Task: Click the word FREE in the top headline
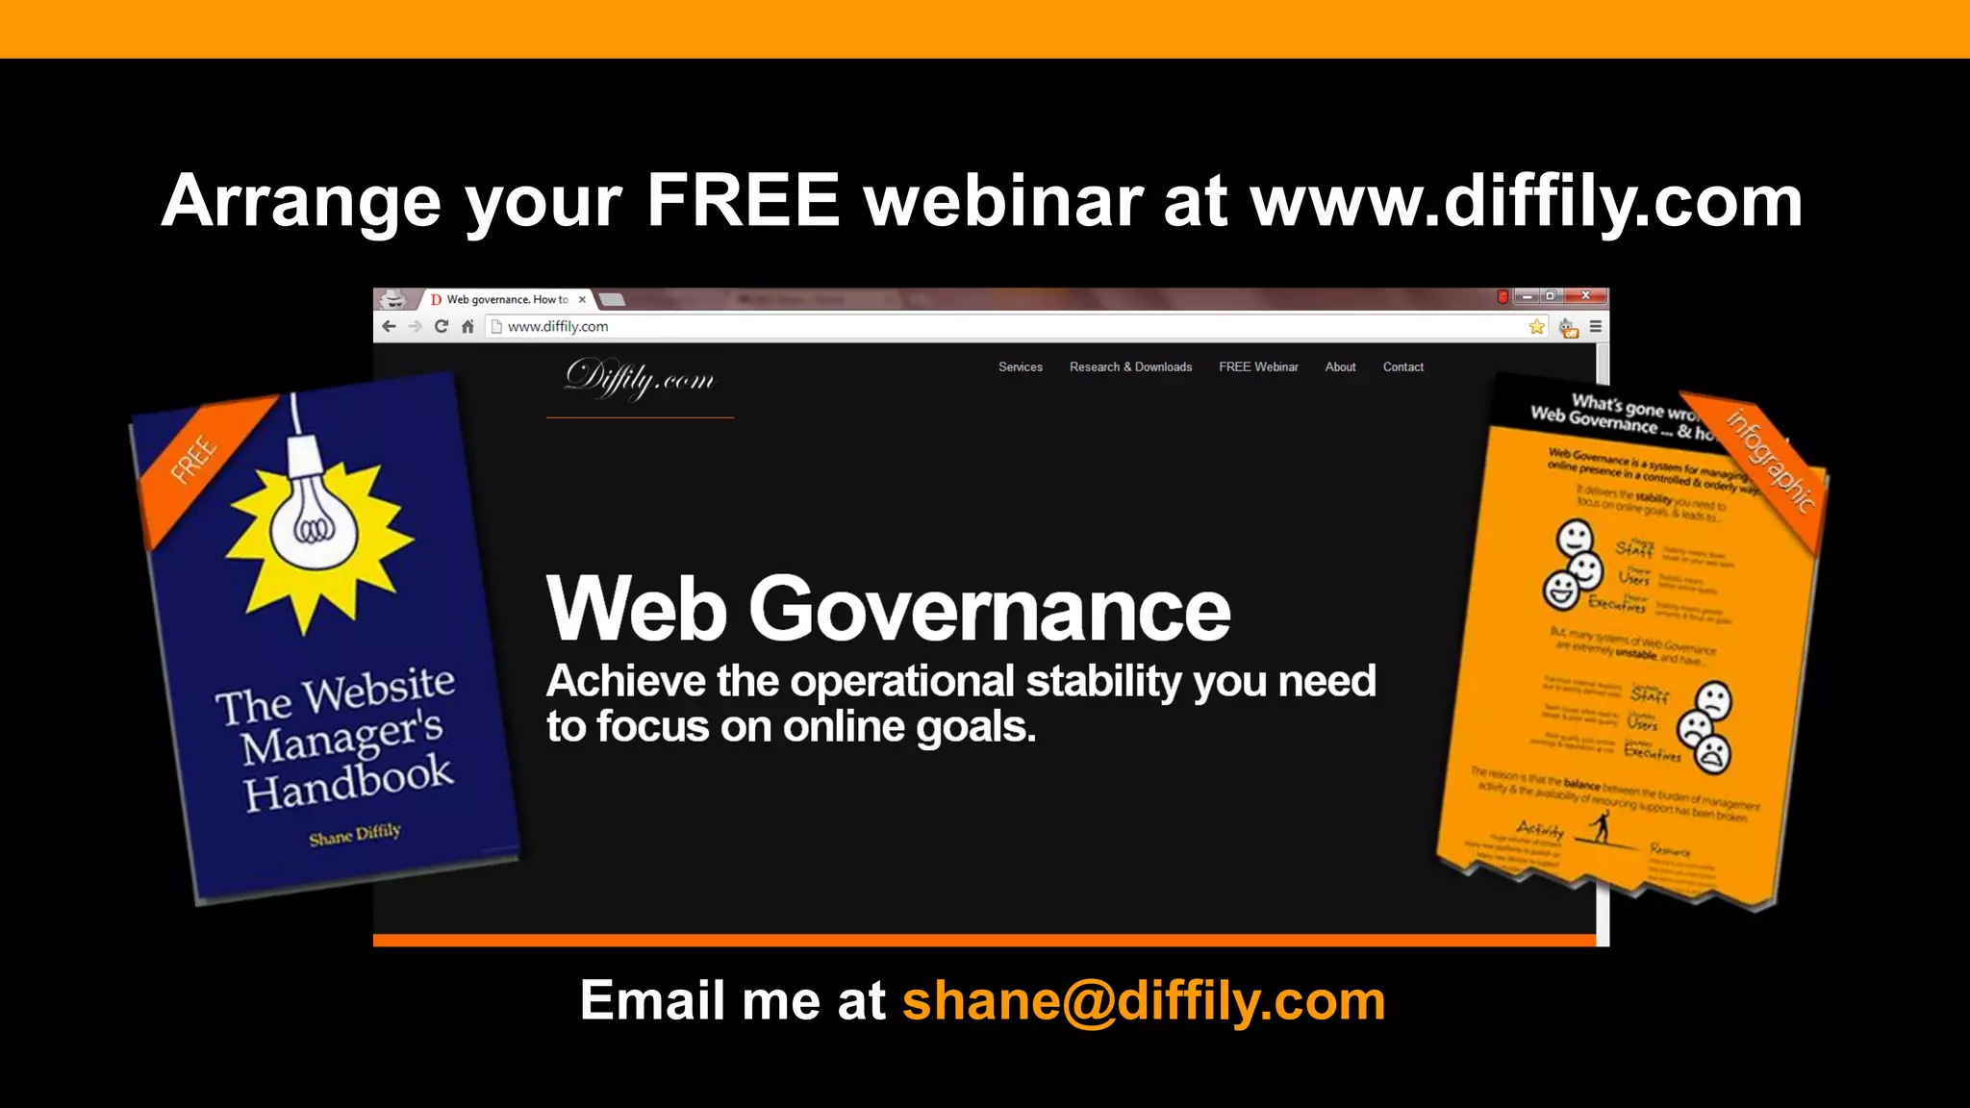(743, 201)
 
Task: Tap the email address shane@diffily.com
(1143, 1001)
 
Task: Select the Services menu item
(1020, 367)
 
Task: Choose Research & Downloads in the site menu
(1130, 367)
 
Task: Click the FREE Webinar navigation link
(1258, 367)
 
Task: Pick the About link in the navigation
(1340, 367)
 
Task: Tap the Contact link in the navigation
(1402, 367)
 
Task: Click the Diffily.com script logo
(640, 379)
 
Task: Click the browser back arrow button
(389, 327)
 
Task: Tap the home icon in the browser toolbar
(467, 327)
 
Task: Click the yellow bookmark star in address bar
(1536, 327)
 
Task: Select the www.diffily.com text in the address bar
(558, 327)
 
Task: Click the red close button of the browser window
(1585, 296)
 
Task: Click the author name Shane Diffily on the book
(354, 835)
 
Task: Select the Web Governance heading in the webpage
(888, 609)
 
